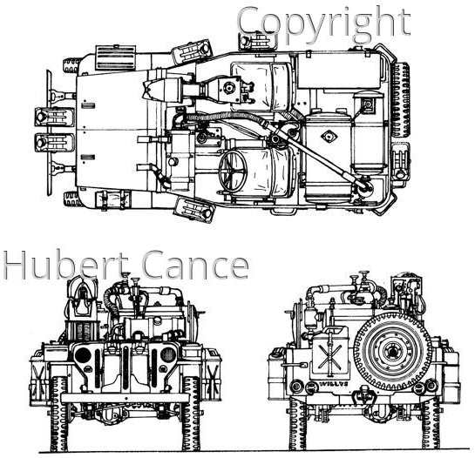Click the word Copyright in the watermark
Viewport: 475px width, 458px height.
pyautogui.click(x=323, y=24)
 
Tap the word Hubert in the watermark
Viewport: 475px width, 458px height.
pyautogui.click(x=66, y=265)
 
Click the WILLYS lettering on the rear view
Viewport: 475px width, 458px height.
pyautogui.click(x=333, y=384)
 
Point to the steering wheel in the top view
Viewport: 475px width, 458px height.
pyautogui.click(x=233, y=171)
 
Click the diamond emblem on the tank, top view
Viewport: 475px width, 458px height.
pyautogui.click(x=328, y=137)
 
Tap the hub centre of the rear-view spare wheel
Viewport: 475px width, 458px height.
pyautogui.click(x=393, y=352)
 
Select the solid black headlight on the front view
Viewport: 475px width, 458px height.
pyautogui.click(x=83, y=355)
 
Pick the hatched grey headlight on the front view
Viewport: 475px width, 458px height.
pyautogui.click(x=168, y=354)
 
